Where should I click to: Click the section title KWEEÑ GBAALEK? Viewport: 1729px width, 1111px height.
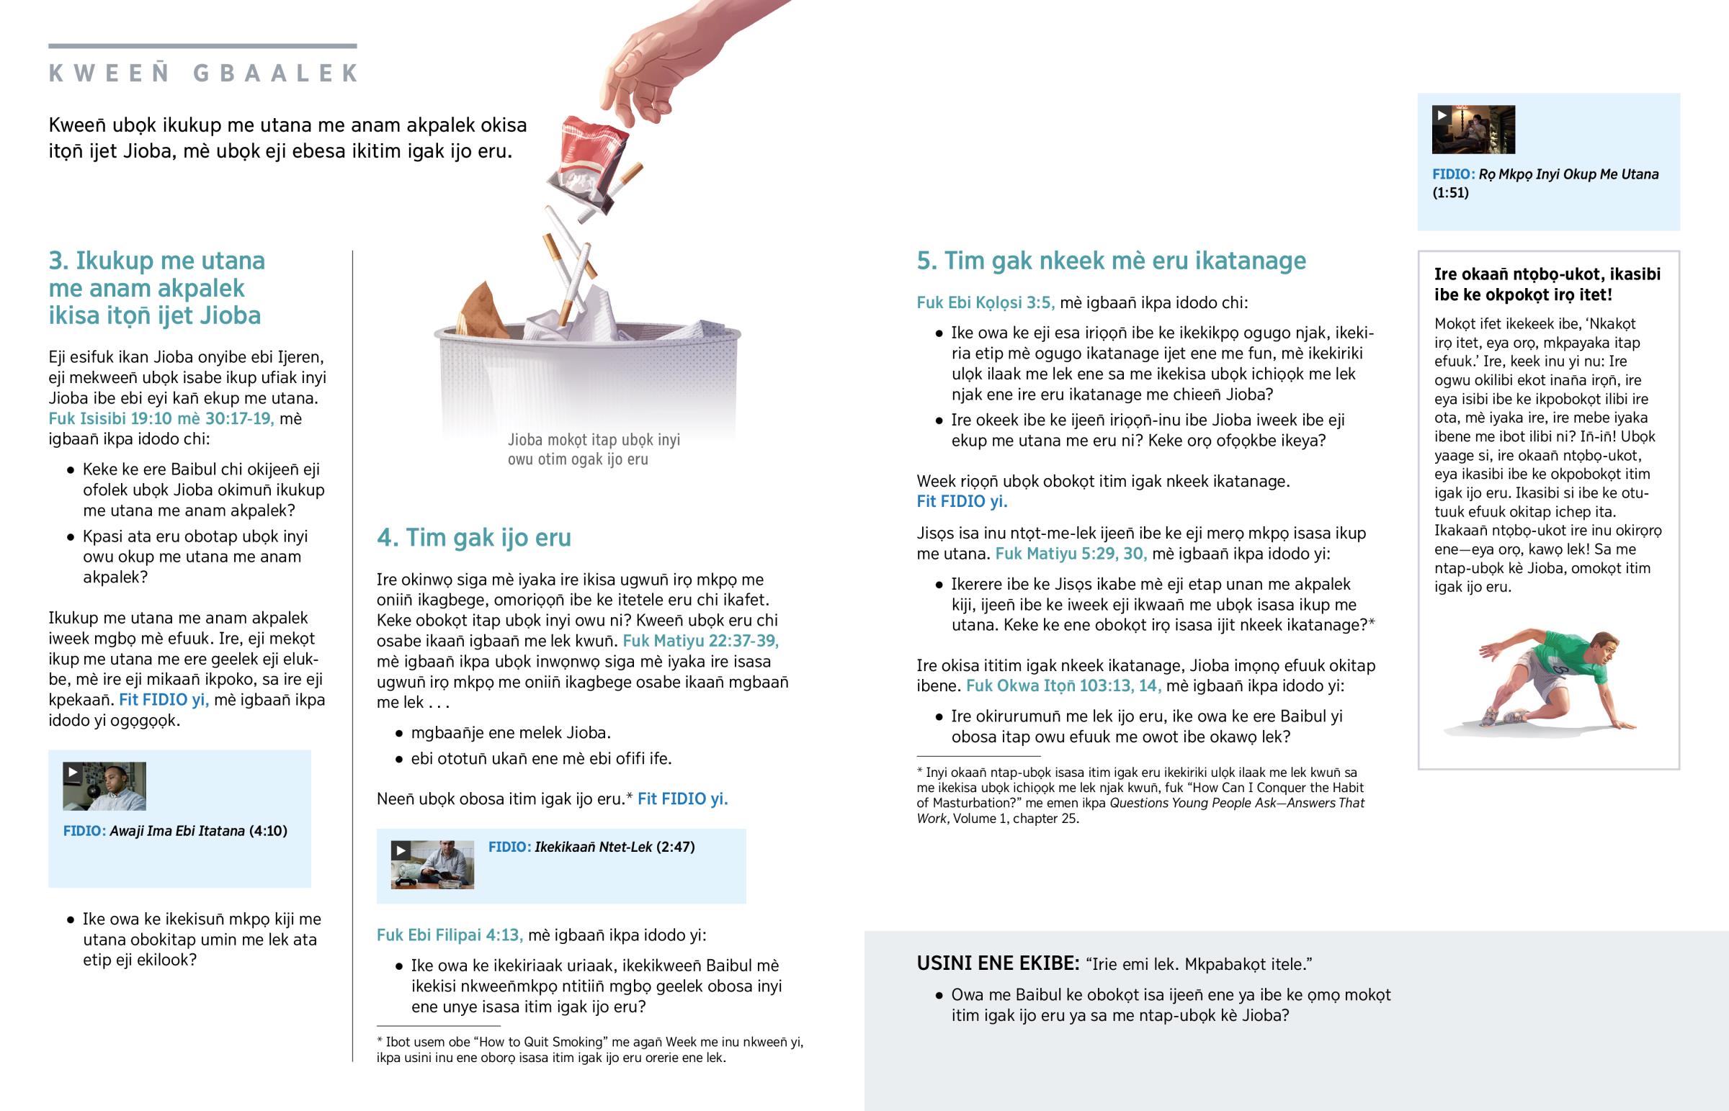(x=202, y=73)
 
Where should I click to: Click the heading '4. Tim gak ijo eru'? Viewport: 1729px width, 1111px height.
(x=473, y=537)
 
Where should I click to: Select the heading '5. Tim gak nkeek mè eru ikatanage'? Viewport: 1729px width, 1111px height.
(x=1111, y=261)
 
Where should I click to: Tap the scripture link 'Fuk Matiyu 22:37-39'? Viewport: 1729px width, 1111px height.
(x=700, y=641)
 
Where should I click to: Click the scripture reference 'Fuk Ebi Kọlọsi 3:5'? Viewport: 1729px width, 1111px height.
(x=985, y=302)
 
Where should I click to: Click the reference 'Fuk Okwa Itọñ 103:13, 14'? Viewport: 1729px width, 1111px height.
(x=1063, y=685)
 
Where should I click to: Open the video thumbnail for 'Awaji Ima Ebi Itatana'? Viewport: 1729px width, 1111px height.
(x=104, y=786)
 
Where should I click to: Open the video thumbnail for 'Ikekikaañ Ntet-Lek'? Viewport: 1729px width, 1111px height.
(x=432, y=864)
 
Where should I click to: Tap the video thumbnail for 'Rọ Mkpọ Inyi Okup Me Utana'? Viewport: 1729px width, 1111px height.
(x=1473, y=130)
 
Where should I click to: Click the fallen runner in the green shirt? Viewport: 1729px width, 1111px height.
(x=1552, y=678)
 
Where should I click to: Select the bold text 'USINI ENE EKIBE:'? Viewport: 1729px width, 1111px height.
(x=997, y=964)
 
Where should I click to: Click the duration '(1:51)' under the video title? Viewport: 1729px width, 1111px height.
(x=1450, y=193)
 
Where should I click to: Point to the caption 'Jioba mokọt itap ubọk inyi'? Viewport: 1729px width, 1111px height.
(x=593, y=440)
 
